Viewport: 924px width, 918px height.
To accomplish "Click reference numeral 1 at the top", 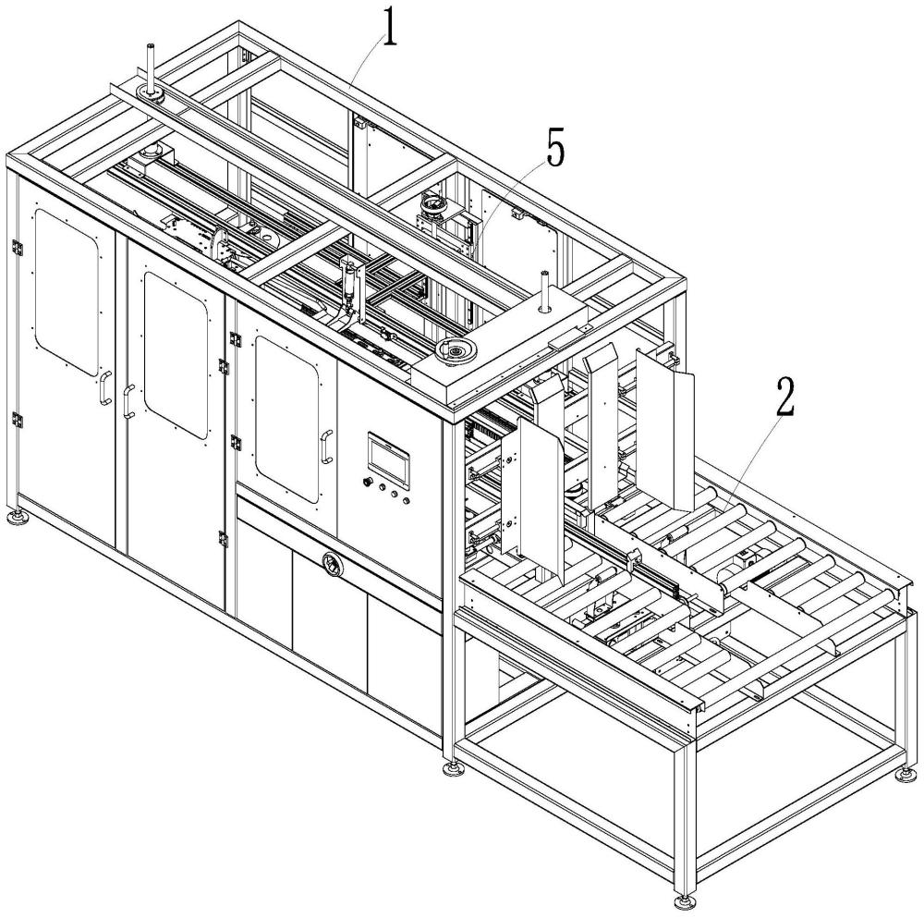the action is click(392, 31).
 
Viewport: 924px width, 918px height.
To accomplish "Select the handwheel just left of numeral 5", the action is click(432, 201).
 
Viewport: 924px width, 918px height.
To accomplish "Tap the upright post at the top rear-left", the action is click(148, 66).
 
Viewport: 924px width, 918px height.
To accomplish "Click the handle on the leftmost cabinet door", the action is click(105, 388).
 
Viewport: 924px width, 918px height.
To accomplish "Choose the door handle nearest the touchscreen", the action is click(325, 447).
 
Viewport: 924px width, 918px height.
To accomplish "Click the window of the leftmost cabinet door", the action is click(67, 290).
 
